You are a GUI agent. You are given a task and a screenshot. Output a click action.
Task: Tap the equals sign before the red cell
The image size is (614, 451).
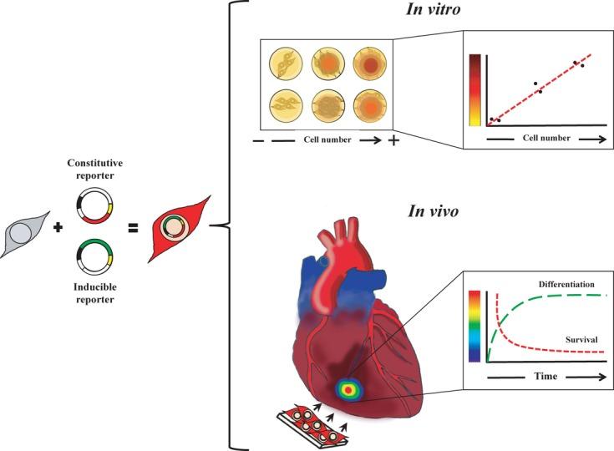tap(132, 226)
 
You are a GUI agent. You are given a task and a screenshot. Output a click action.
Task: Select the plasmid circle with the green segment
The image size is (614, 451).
tap(94, 256)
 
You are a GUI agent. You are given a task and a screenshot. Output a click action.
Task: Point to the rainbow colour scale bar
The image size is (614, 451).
tap(474, 326)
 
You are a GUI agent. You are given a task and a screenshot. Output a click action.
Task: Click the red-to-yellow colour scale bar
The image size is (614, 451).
tap(474, 89)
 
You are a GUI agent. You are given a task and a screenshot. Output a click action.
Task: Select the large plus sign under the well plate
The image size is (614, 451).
tap(393, 139)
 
